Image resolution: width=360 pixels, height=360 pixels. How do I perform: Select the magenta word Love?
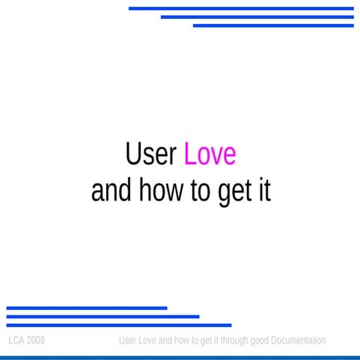tap(210, 154)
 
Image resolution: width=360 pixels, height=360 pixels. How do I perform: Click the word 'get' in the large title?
tap(233, 192)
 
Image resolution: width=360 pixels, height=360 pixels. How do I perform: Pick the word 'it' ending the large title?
tap(263, 191)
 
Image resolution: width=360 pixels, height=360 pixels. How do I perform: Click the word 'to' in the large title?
tap(198, 191)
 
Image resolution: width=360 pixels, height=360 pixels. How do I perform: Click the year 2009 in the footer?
tap(35, 341)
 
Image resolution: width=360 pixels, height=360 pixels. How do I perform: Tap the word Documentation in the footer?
tap(298, 341)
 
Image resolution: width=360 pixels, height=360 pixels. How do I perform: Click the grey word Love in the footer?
tap(147, 341)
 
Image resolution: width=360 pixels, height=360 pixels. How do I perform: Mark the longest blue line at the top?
tap(240, 8)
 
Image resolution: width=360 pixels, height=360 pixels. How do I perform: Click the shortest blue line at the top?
tap(272, 25)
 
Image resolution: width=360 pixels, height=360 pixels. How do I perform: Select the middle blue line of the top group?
tap(257, 16)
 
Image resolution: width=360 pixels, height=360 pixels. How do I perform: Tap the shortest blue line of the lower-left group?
tap(86, 308)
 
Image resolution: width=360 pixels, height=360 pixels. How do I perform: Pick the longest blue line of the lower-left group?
tap(118, 325)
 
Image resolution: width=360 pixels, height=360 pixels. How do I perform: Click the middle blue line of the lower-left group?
tap(103, 317)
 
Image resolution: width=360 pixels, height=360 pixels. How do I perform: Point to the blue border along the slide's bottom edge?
tap(180, 357)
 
